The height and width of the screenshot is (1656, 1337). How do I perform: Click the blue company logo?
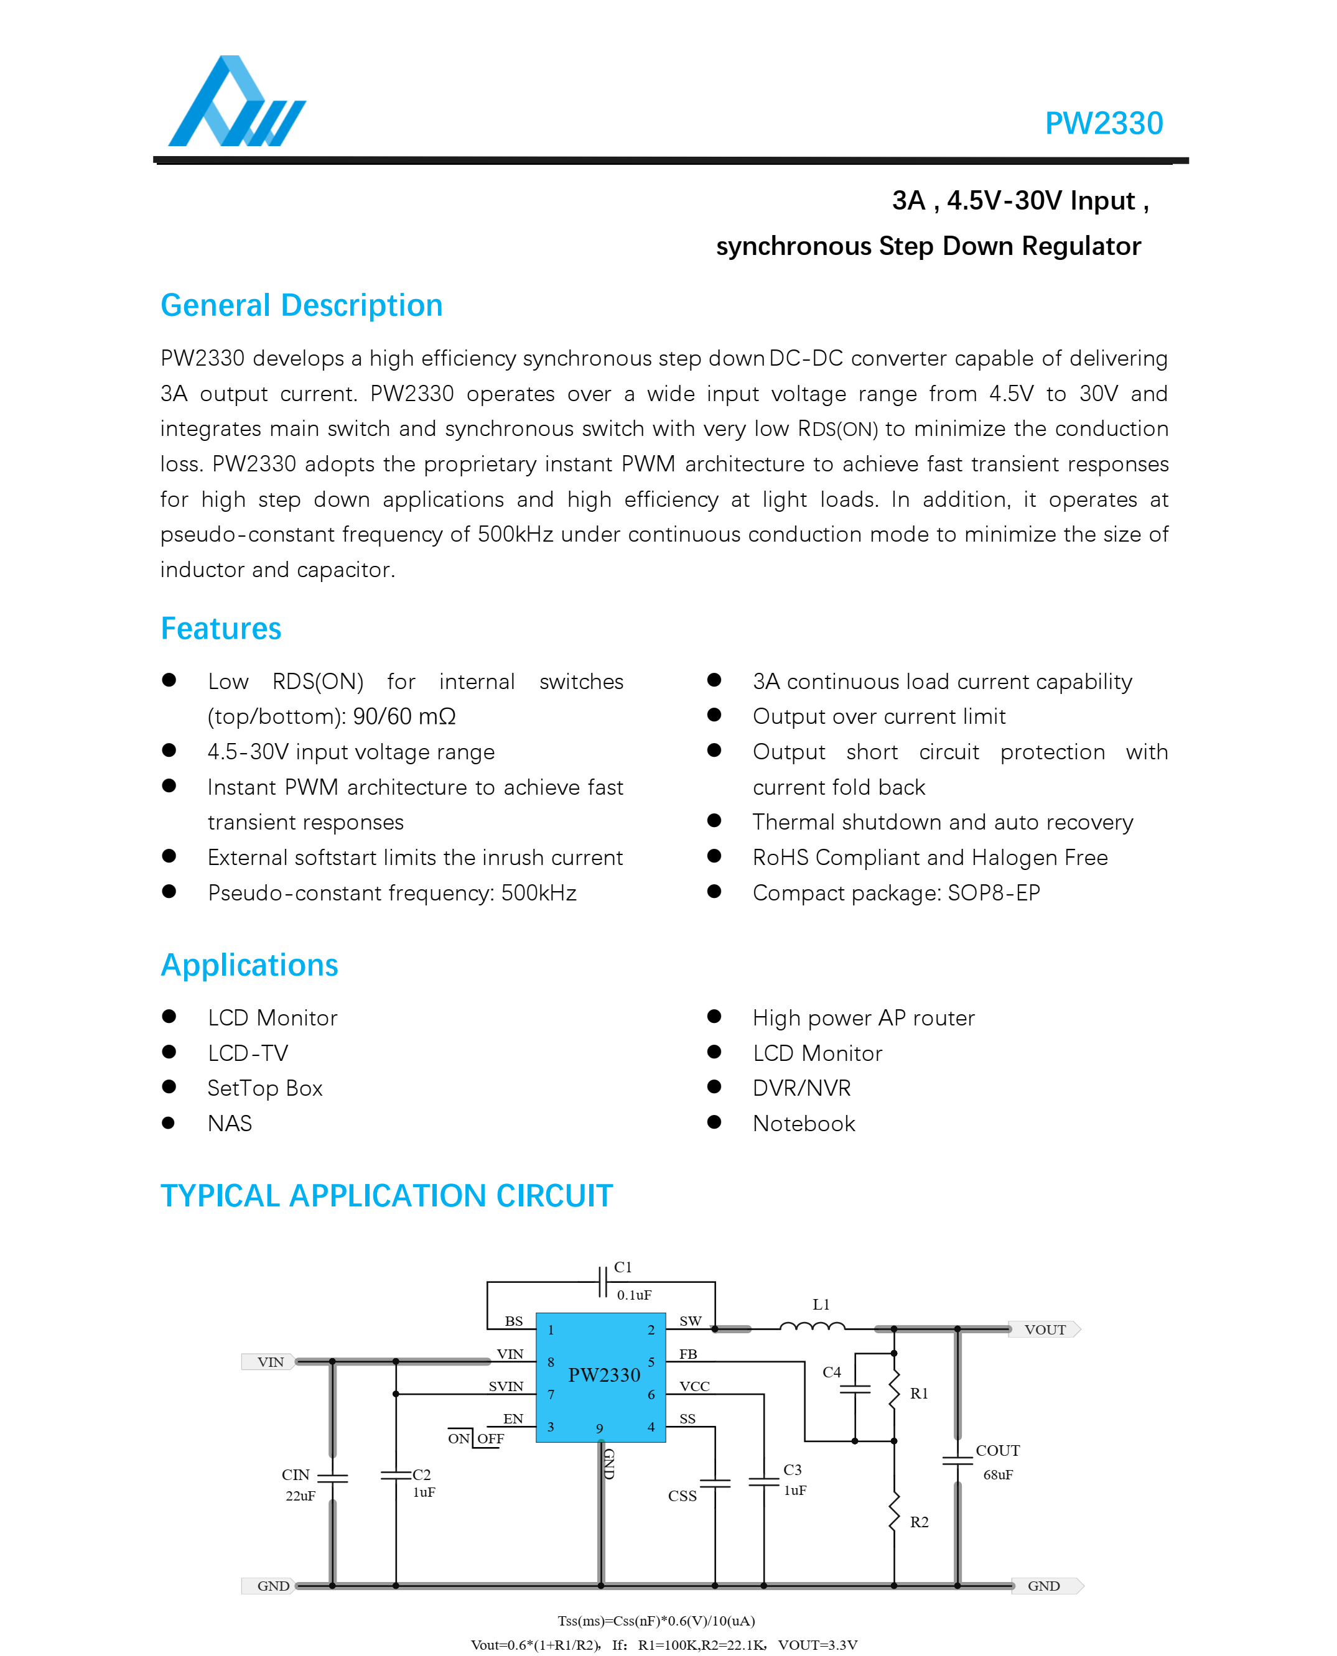pyautogui.click(x=236, y=103)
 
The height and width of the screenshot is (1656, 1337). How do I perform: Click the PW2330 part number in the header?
pyautogui.click(x=1103, y=123)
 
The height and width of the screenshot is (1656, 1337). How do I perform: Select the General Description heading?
pyautogui.click(x=301, y=305)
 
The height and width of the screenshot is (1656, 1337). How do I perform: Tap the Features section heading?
pyautogui.click(x=221, y=629)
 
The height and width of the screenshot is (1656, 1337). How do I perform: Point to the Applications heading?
pyautogui.click(x=249, y=965)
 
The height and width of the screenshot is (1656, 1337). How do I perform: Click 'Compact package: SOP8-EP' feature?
pyautogui.click(x=896, y=893)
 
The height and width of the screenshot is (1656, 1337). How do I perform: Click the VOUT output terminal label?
pyautogui.click(x=1045, y=1330)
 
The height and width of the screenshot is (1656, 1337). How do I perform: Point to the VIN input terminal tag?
pyautogui.click(x=269, y=1362)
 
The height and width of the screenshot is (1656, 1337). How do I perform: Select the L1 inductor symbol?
pyautogui.click(x=812, y=1326)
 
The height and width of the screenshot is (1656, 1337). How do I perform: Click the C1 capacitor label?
pyautogui.click(x=622, y=1267)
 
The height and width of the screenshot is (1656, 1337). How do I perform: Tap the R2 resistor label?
pyautogui.click(x=919, y=1522)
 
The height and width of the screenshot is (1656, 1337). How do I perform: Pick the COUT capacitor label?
pyautogui.click(x=997, y=1450)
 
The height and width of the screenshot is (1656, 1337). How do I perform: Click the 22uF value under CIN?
pyautogui.click(x=300, y=1496)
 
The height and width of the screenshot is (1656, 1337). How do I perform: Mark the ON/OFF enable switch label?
pyautogui.click(x=476, y=1438)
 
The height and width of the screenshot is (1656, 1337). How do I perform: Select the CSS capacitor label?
pyautogui.click(x=682, y=1496)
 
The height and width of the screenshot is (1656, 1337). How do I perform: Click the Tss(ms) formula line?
pyautogui.click(x=656, y=1621)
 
